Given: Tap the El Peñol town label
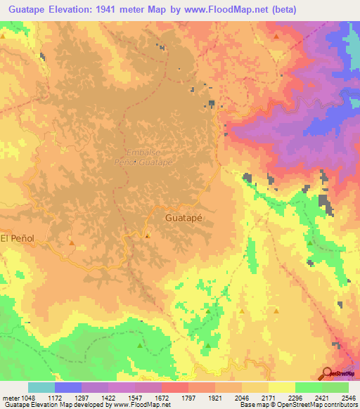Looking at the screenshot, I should point(17,239).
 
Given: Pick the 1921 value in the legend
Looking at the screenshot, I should point(215,398).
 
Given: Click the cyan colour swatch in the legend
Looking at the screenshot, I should point(41,387).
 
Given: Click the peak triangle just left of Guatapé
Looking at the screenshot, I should point(147,236).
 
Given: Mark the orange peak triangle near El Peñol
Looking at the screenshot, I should point(72,243).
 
